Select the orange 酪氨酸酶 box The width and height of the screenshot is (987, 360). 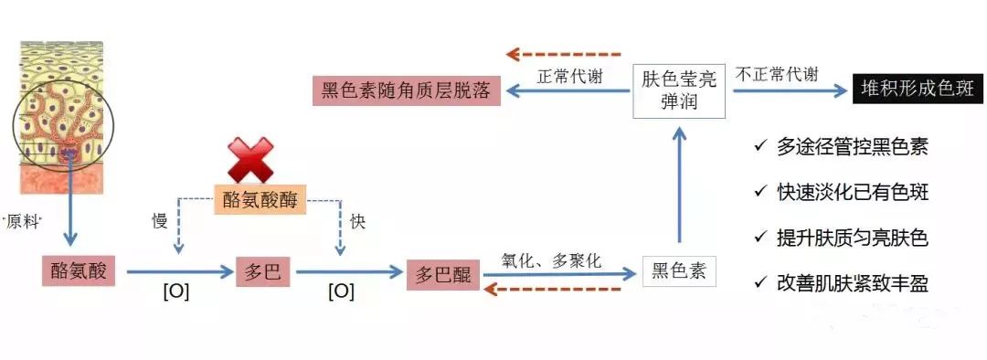click(x=260, y=198)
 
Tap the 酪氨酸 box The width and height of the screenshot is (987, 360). click(x=79, y=270)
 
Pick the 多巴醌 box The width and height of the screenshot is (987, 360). click(x=443, y=274)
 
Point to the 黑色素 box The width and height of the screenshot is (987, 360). click(x=678, y=271)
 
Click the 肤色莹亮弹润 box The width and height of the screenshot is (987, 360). click(x=678, y=89)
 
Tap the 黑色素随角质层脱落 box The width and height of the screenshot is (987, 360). click(x=407, y=90)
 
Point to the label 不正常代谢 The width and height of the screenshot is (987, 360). click(x=779, y=75)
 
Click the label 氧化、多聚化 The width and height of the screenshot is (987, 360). click(x=551, y=260)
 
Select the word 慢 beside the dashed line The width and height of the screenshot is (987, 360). click(x=158, y=221)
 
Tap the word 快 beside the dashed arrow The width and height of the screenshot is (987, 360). click(x=357, y=221)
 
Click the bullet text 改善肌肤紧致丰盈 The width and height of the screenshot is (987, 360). click(x=852, y=284)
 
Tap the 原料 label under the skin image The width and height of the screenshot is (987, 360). click(x=24, y=222)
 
